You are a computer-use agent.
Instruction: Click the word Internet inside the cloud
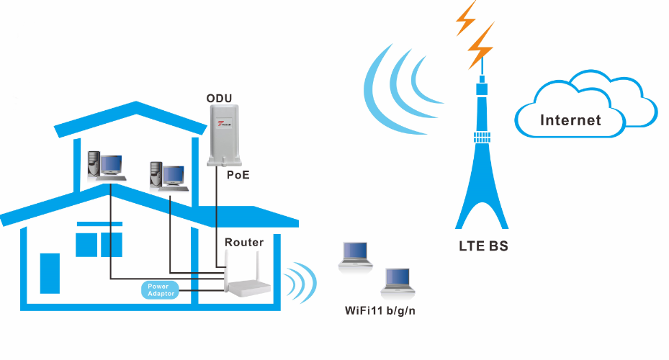coord(570,120)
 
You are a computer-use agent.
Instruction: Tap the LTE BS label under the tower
coord(483,246)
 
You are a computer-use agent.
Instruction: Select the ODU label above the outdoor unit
coord(219,98)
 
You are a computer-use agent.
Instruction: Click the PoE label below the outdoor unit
coord(238,175)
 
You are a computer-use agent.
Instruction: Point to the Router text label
coord(244,242)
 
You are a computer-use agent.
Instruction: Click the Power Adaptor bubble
coord(158,289)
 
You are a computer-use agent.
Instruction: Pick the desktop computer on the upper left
coord(104,166)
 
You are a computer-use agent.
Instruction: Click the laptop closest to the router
coord(355,256)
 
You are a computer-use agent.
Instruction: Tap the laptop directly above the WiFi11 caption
coord(398,282)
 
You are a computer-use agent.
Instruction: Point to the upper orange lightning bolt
coord(467,17)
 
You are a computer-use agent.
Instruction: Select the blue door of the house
coord(50,273)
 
